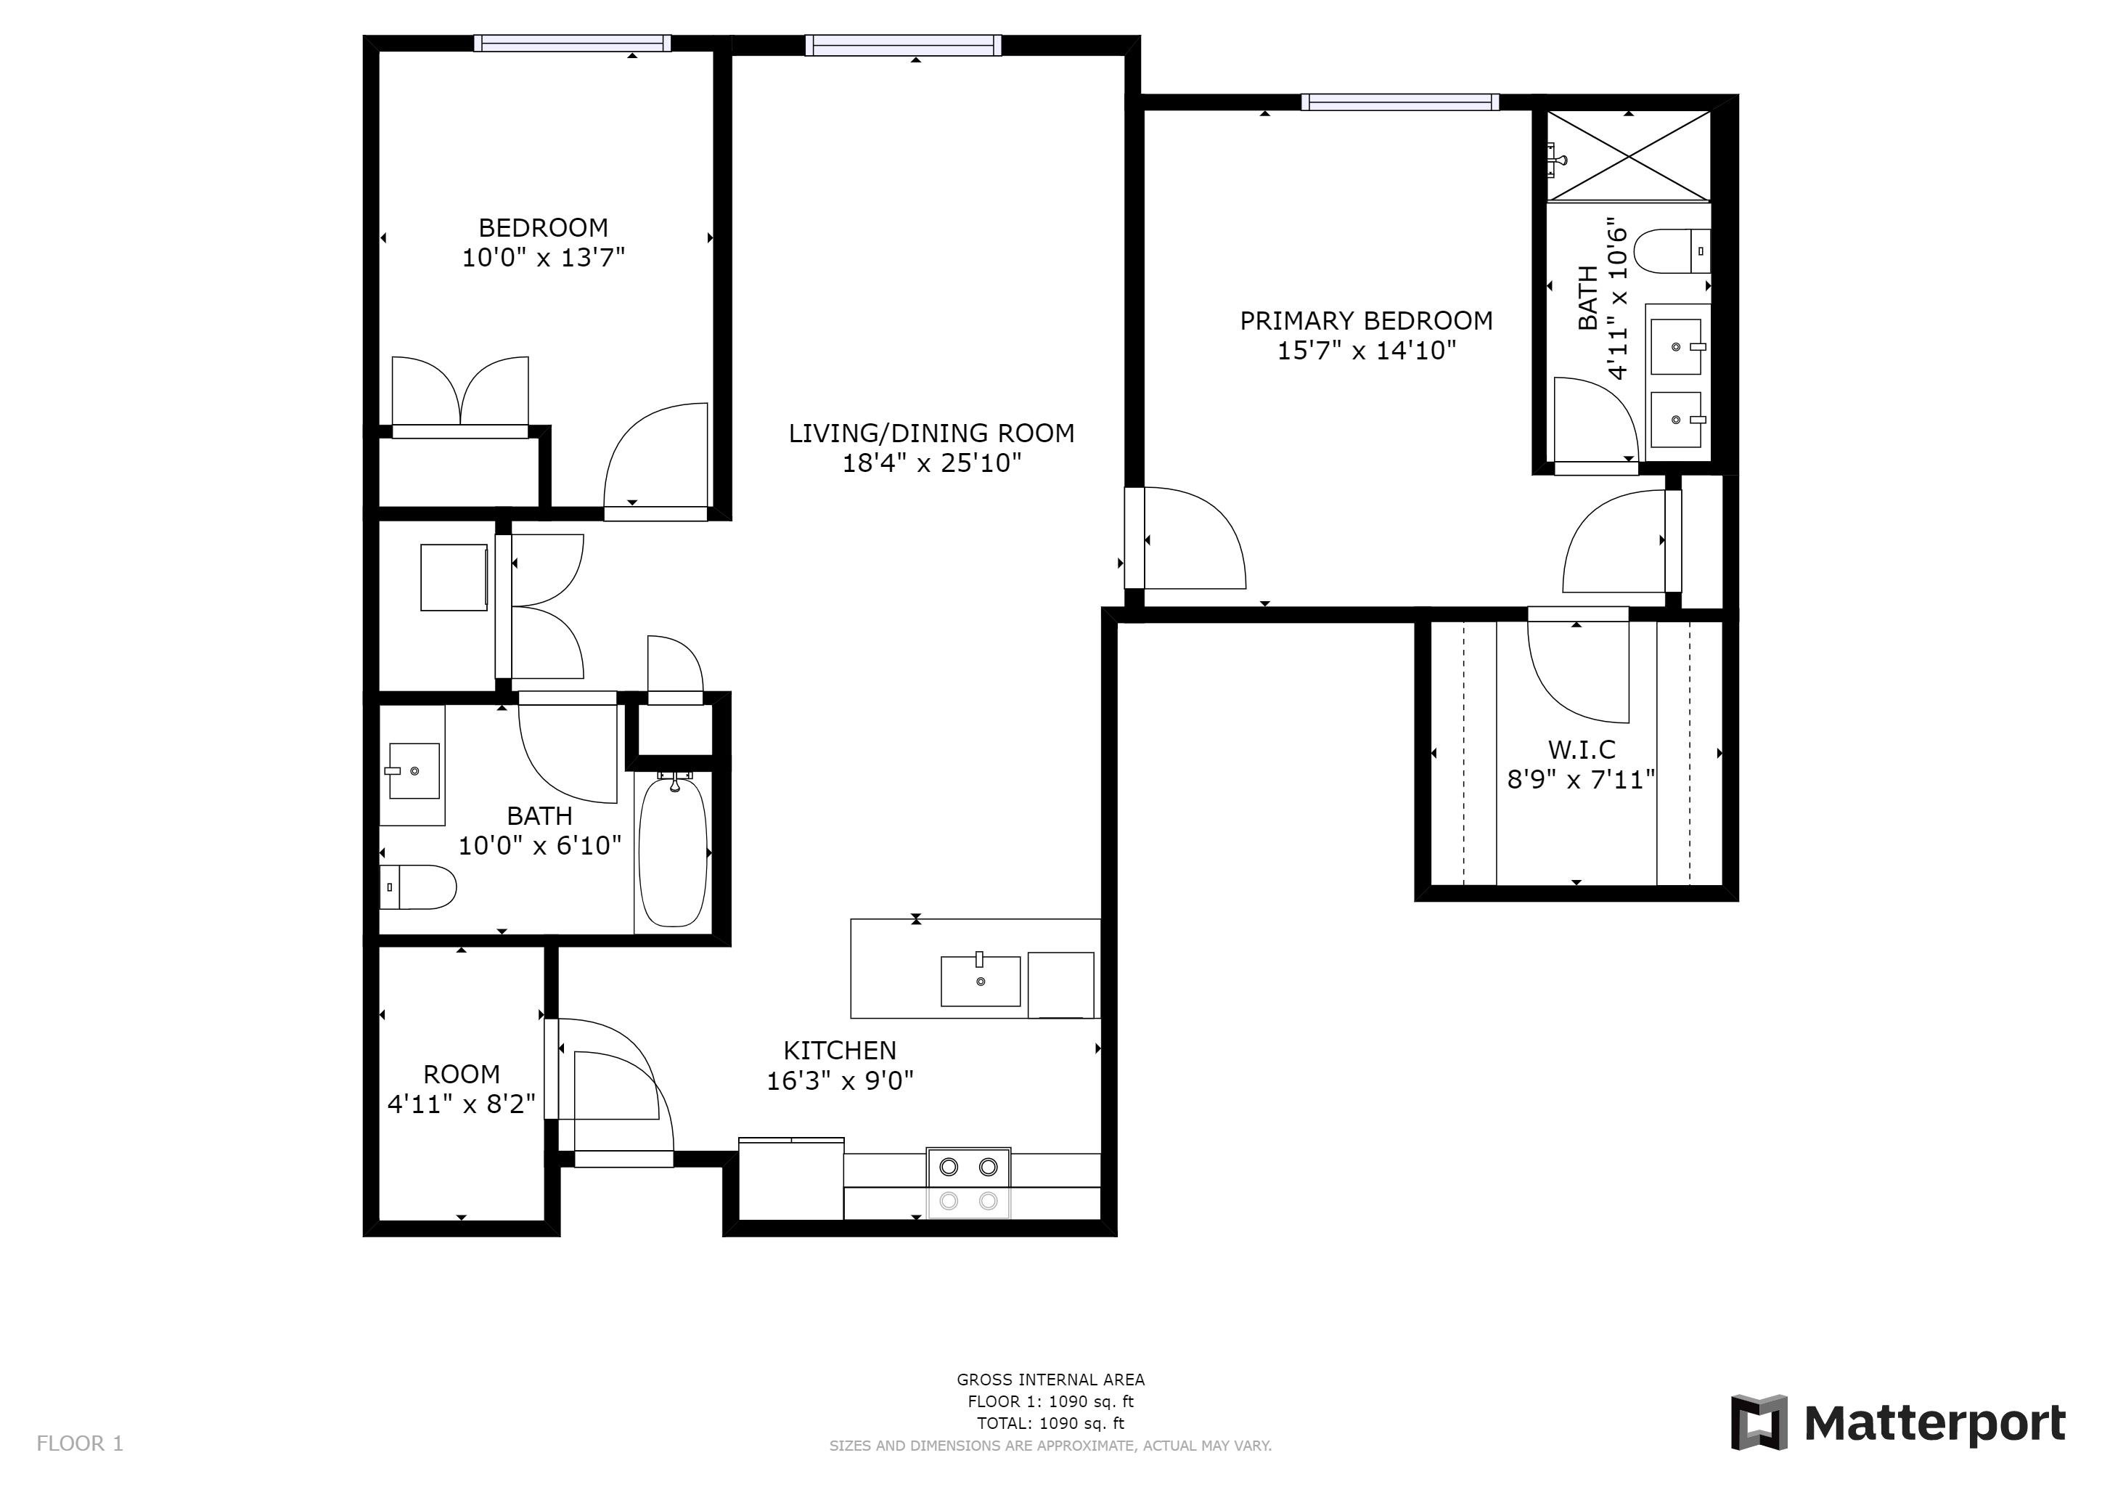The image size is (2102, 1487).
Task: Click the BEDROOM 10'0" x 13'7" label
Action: pos(543,242)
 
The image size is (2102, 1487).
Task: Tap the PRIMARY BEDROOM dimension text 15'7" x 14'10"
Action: pos(1366,351)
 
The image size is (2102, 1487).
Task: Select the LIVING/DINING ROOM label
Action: pos(931,433)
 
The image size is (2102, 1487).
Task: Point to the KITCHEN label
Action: pos(840,1050)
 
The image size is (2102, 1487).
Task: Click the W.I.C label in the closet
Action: pos(1581,750)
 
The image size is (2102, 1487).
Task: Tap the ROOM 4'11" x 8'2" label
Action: pos(462,1088)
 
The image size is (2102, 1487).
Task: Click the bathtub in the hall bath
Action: pos(673,851)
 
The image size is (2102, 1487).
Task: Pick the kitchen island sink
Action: pos(981,981)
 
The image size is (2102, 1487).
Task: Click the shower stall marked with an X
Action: pos(1629,155)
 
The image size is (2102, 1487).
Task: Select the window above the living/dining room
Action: pos(903,45)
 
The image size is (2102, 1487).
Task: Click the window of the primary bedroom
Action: pos(1400,102)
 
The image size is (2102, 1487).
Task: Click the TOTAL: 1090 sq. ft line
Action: pos(1050,1423)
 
